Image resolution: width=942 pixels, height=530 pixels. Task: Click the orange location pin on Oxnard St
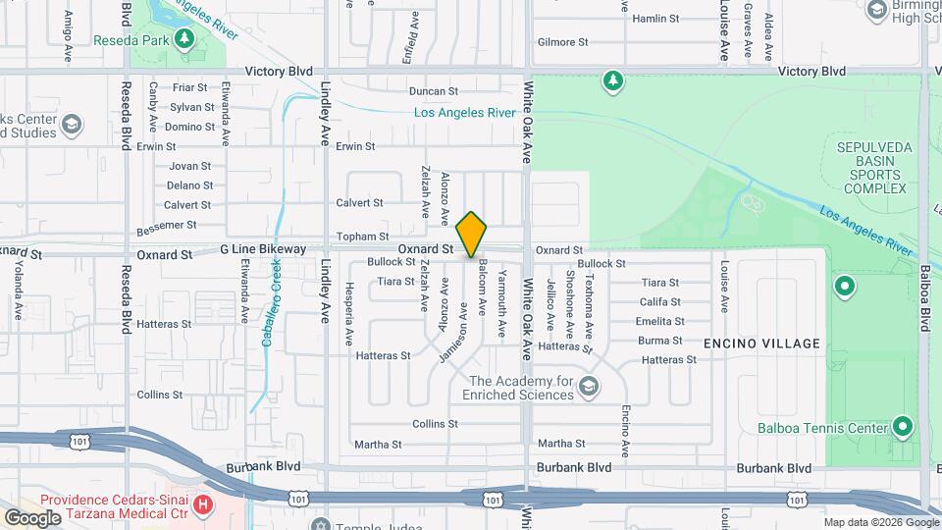pyautogui.click(x=472, y=235)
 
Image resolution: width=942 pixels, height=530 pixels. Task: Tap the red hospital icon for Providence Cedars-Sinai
pyautogui.click(x=203, y=504)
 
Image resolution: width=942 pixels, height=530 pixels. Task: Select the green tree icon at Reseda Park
pyautogui.click(x=183, y=39)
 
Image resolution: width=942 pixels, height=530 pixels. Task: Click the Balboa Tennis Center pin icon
pyautogui.click(x=903, y=427)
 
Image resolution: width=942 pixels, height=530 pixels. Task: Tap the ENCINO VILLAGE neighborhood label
pyautogui.click(x=761, y=344)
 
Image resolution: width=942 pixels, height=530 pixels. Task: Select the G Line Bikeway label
pyautogui.click(x=263, y=249)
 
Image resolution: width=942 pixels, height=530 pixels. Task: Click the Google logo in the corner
pyautogui.click(x=32, y=517)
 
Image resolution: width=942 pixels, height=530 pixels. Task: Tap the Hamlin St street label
pyautogui.click(x=655, y=19)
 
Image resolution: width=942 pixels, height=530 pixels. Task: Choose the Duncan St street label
pyautogui.click(x=434, y=91)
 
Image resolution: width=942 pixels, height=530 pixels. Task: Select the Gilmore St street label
pyautogui.click(x=562, y=42)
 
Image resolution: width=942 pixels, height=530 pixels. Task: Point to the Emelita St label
pyautogui.click(x=659, y=321)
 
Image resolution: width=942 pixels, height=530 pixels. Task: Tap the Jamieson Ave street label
pyautogui.click(x=453, y=333)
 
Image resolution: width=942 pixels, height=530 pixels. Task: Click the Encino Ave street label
pyautogui.click(x=626, y=432)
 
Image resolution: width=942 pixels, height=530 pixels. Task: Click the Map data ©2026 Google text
pyautogui.click(x=881, y=522)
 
